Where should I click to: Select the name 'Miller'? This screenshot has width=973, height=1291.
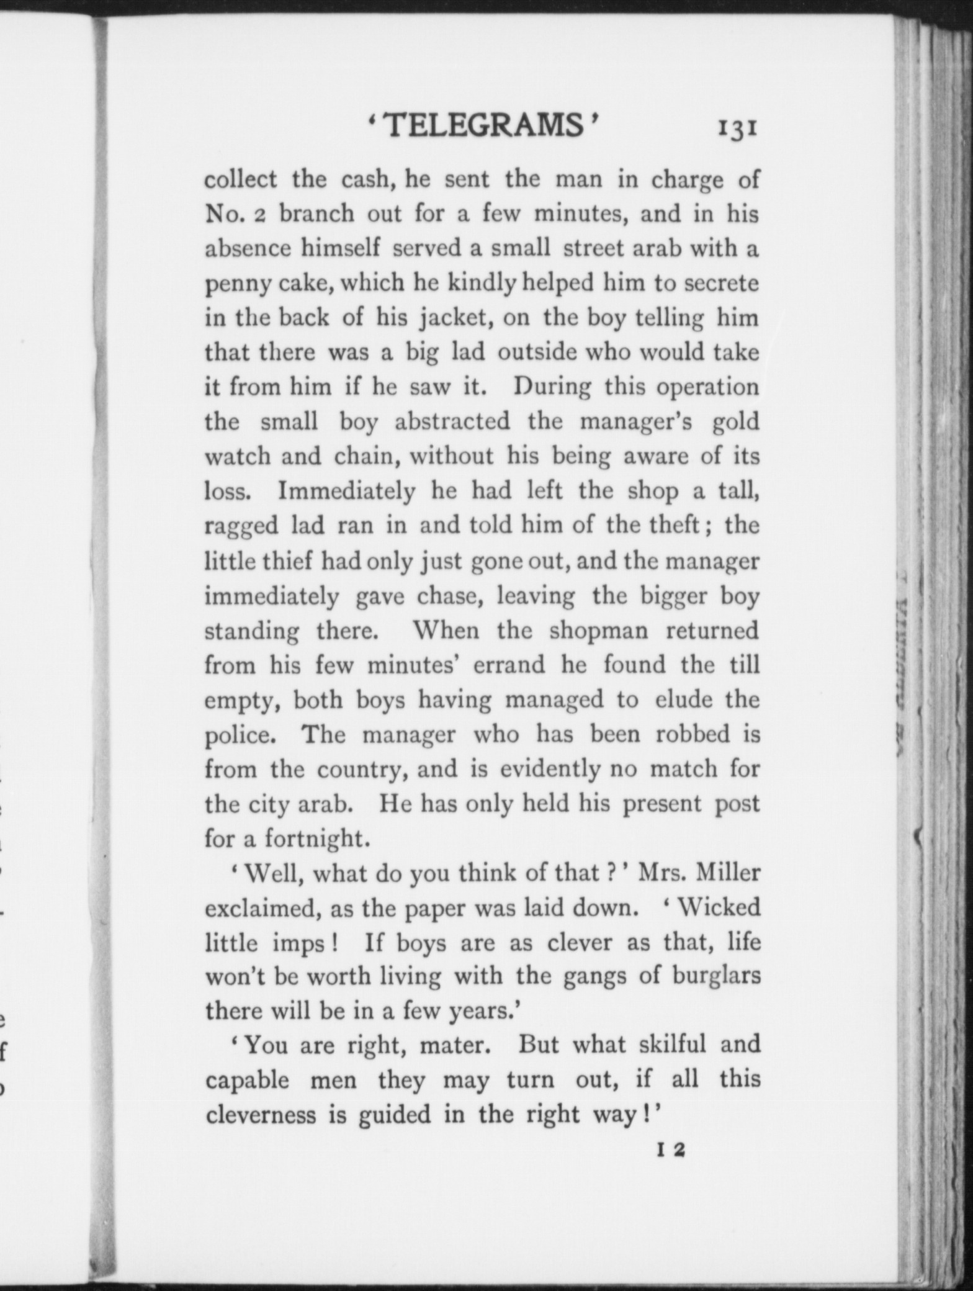[x=727, y=873]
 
